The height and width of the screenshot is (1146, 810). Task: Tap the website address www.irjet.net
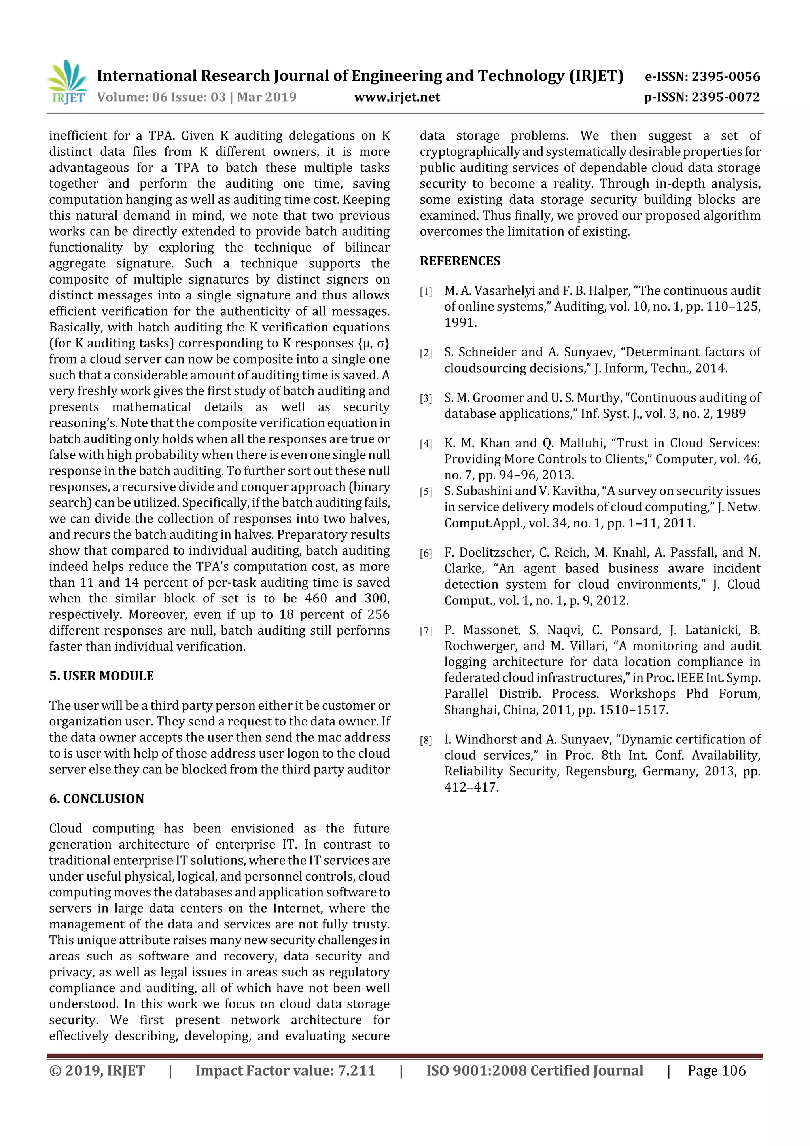pyautogui.click(x=397, y=97)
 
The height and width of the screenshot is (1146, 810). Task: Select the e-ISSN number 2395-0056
pyautogui.click(x=725, y=76)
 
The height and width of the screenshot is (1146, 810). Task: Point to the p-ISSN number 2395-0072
pyautogui.click(x=725, y=97)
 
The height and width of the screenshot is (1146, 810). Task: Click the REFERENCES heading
pyautogui.click(x=460, y=261)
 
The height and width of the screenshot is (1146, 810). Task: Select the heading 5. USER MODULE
pyautogui.click(x=101, y=676)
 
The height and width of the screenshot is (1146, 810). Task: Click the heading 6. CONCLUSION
pyautogui.click(x=97, y=799)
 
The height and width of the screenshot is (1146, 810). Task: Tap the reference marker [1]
pyautogui.click(x=426, y=292)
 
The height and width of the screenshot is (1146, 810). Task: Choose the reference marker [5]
pyautogui.click(x=426, y=492)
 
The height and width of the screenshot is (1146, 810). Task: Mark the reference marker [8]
pyautogui.click(x=426, y=740)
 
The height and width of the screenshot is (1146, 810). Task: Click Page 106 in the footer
pyautogui.click(x=716, y=1070)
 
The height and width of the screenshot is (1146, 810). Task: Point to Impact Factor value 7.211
pyautogui.click(x=285, y=1070)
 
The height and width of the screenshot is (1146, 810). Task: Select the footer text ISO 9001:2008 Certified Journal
pyautogui.click(x=534, y=1070)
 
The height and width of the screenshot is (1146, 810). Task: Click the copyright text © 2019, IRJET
pyautogui.click(x=97, y=1070)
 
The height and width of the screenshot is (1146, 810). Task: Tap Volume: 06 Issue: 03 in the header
pyautogui.click(x=162, y=97)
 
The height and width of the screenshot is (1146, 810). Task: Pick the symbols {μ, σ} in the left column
pyautogui.click(x=373, y=343)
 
